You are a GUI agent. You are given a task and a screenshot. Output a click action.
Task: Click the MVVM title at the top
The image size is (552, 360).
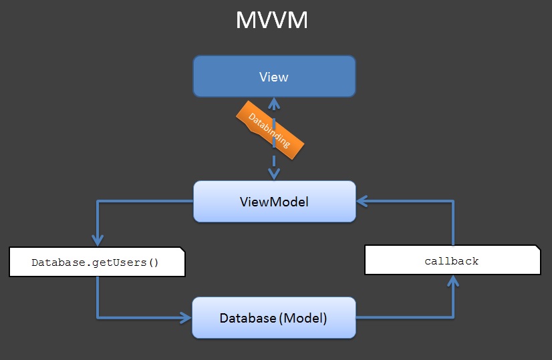271,21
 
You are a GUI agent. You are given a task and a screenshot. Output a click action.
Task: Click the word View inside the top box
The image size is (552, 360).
274,77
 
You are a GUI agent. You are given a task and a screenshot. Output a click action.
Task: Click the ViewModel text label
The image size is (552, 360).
274,201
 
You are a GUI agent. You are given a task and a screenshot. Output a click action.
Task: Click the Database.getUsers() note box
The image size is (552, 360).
96,262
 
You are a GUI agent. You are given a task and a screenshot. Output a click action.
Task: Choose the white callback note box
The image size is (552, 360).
452,260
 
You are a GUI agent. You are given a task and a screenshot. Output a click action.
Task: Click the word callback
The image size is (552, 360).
452,261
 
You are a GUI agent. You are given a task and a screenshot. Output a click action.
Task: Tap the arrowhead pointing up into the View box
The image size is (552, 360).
273,102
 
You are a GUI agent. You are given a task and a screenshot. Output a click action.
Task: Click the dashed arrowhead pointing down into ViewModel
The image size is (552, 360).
273,174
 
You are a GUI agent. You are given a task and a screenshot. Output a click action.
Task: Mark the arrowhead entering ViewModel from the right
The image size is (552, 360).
362,200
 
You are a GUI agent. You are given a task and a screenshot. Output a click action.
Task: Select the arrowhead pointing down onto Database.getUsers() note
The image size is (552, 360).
98,241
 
